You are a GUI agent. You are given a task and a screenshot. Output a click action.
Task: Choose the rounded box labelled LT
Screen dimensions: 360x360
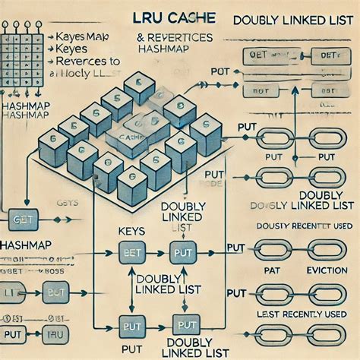pyautogui.click(x=14, y=292)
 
